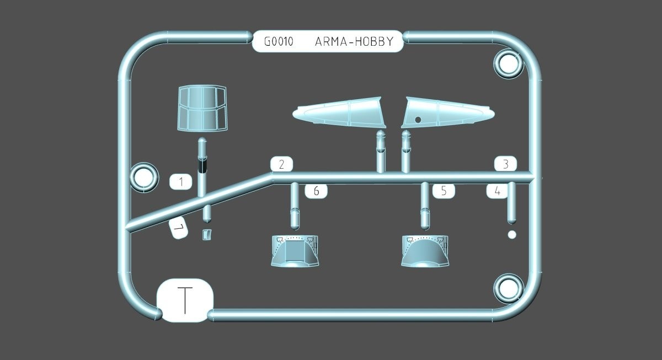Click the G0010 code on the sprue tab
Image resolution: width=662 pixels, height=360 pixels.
pyautogui.click(x=279, y=42)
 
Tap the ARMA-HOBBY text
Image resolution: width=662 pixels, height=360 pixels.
pyautogui.click(x=354, y=42)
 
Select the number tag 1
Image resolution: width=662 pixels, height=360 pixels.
pyautogui.click(x=181, y=182)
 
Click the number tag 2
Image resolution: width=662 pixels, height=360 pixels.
pyautogui.click(x=282, y=164)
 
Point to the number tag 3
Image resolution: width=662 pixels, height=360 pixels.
pyautogui.click(x=506, y=164)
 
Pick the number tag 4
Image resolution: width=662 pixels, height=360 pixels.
pyautogui.click(x=498, y=191)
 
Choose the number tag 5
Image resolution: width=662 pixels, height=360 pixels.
pyautogui.click(x=444, y=191)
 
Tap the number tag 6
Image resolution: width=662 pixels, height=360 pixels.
pyautogui.click(x=316, y=191)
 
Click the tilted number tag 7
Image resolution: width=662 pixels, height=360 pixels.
pyautogui.click(x=178, y=228)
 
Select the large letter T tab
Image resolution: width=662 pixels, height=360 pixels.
pyautogui.click(x=185, y=300)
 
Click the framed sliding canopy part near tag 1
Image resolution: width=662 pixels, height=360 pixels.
pyautogui.click(x=202, y=108)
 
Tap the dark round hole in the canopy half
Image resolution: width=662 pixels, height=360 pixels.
pyautogui.click(x=418, y=120)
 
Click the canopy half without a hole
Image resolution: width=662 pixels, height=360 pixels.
pyautogui.click(x=339, y=112)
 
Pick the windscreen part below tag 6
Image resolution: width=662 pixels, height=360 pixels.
pyautogui.click(x=295, y=251)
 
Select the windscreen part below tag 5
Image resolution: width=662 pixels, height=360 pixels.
pyautogui.click(x=425, y=251)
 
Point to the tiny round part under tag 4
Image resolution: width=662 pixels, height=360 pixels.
pyautogui.click(x=512, y=235)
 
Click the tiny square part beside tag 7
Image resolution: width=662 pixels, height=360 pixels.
pyautogui.click(x=207, y=234)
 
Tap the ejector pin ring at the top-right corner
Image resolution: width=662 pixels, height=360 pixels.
pyautogui.click(x=508, y=63)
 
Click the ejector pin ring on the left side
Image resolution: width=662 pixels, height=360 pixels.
pyautogui.click(x=144, y=178)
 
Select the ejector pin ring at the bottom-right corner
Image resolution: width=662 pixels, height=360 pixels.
pyautogui.click(x=508, y=288)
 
